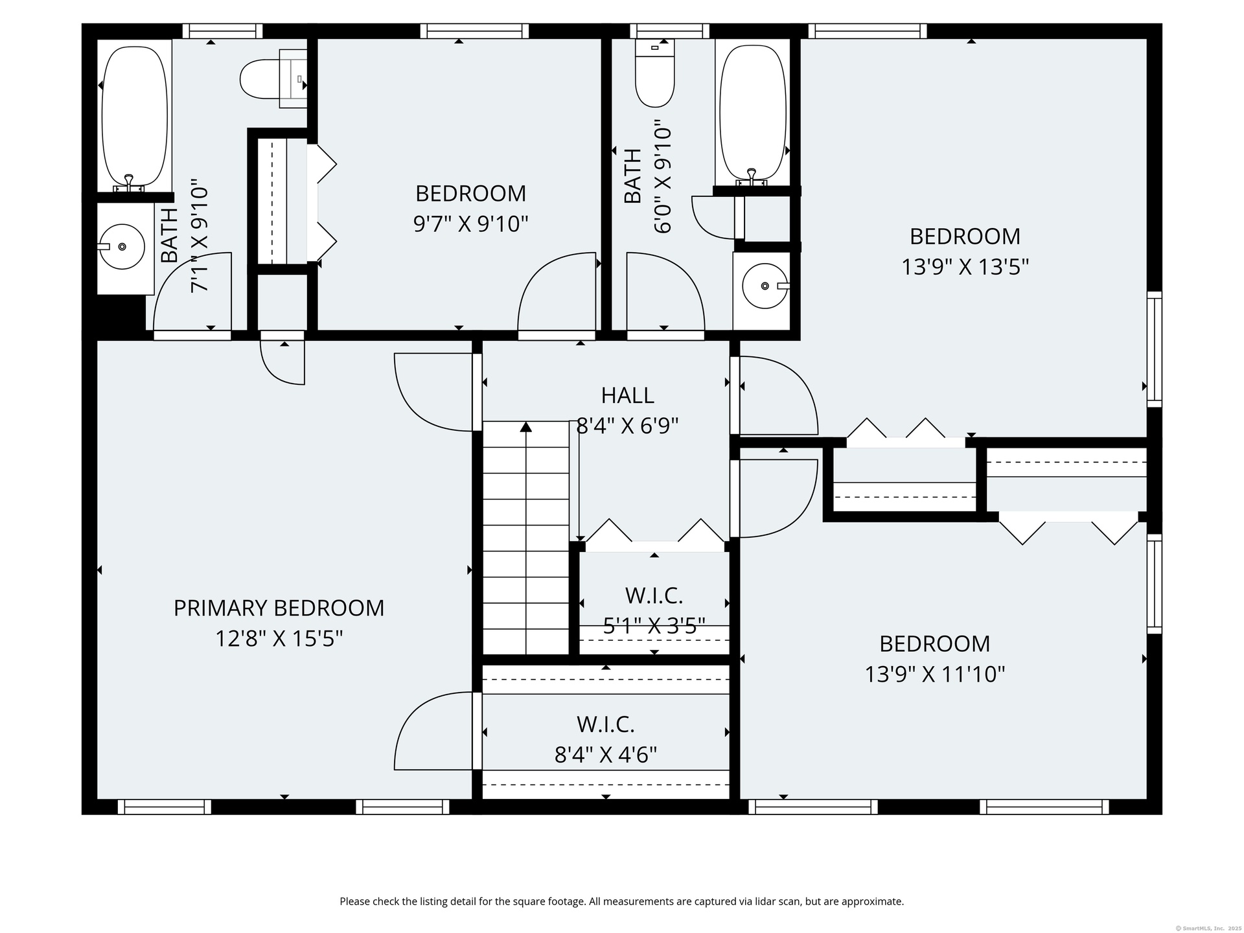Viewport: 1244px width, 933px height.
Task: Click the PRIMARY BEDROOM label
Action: pyautogui.click(x=279, y=608)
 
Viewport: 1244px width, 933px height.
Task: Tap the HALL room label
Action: pyautogui.click(x=627, y=395)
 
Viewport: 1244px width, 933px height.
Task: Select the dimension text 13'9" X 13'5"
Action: pyautogui.click(x=965, y=266)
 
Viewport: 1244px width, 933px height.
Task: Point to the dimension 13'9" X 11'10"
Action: pyautogui.click(x=934, y=674)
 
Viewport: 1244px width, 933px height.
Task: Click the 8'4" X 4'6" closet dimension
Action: pyautogui.click(x=606, y=754)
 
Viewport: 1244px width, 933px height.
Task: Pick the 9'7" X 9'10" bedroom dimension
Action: pyautogui.click(x=470, y=224)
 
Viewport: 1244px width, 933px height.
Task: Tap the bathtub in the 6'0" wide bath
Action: pyautogui.click(x=753, y=113)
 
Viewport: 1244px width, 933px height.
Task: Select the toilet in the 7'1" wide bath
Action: pyautogui.click(x=273, y=79)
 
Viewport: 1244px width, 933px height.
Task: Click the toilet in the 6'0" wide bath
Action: pyautogui.click(x=655, y=73)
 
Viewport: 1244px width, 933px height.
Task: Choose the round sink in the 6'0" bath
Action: pyautogui.click(x=765, y=286)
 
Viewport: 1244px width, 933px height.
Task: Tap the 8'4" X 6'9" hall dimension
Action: pyautogui.click(x=627, y=426)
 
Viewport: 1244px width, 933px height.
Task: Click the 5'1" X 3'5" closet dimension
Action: pyautogui.click(x=654, y=625)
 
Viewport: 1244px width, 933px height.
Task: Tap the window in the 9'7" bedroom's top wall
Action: pyautogui.click(x=474, y=31)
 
